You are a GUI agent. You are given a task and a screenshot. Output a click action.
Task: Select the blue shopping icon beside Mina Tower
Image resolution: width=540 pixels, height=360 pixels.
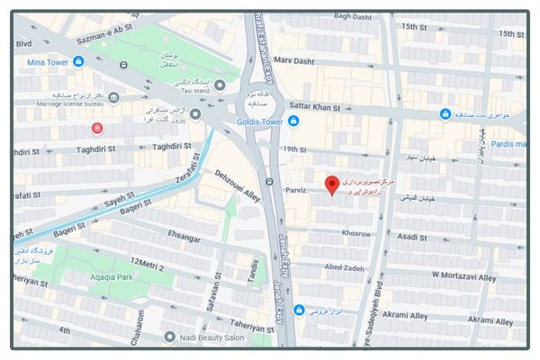pyautogui.click(x=79, y=61)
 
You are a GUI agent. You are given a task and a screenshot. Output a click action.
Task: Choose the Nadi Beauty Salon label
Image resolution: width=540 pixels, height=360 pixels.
pyautogui.click(x=211, y=337)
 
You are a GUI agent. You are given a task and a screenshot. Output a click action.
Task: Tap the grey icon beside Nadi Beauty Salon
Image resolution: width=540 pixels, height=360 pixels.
pyautogui.click(x=169, y=337)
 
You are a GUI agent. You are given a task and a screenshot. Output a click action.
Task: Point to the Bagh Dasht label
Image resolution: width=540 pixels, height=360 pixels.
pyautogui.click(x=353, y=16)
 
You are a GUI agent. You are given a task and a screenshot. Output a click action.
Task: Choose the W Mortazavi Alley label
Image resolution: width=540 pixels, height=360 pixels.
pyautogui.click(x=463, y=274)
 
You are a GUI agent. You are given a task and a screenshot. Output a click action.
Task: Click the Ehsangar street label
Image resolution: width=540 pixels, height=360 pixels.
pyautogui.click(x=184, y=238)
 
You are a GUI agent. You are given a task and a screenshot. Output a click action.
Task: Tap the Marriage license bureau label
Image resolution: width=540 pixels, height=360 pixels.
pyautogui.click(x=57, y=104)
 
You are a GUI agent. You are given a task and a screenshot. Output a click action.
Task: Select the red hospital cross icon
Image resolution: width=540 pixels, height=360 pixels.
pyautogui.click(x=97, y=130)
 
